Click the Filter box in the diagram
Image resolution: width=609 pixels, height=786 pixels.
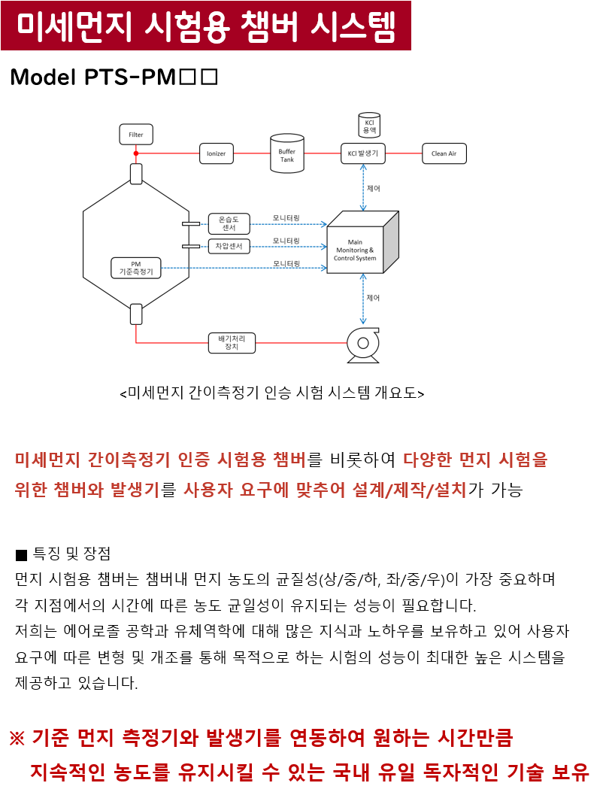(x=136, y=135)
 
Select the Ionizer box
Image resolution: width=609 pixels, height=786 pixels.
(x=216, y=153)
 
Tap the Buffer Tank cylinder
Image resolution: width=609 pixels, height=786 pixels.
(x=287, y=153)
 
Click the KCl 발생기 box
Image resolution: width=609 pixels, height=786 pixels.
(x=363, y=153)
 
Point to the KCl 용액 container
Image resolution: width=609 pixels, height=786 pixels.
(x=369, y=125)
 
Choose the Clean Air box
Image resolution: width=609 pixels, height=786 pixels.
(x=444, y=153)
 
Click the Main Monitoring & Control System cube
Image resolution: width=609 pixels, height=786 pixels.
(x=362, y=243)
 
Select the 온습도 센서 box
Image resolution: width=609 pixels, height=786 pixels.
(x=229, y=223)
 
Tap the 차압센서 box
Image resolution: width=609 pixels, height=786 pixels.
(x=229, y=246)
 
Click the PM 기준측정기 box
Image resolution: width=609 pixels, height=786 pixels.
(x=136, y=268)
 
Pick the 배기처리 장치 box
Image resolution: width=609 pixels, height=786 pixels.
(x=232, y=343)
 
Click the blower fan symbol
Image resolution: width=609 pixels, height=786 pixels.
(x=363, y=345)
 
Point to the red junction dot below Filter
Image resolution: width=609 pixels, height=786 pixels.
(x=136, y=153)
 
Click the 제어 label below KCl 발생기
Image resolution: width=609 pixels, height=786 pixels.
(x=374, y=189)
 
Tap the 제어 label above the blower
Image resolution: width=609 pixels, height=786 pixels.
(x=373, y=298)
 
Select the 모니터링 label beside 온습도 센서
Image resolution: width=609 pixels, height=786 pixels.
(x=286, y=218)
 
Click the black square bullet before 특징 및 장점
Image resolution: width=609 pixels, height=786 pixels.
(x=21, y=555)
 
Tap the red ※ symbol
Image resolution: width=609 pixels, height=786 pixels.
(x=17, y=738)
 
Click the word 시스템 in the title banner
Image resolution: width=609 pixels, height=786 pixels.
(x=353, y=26)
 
